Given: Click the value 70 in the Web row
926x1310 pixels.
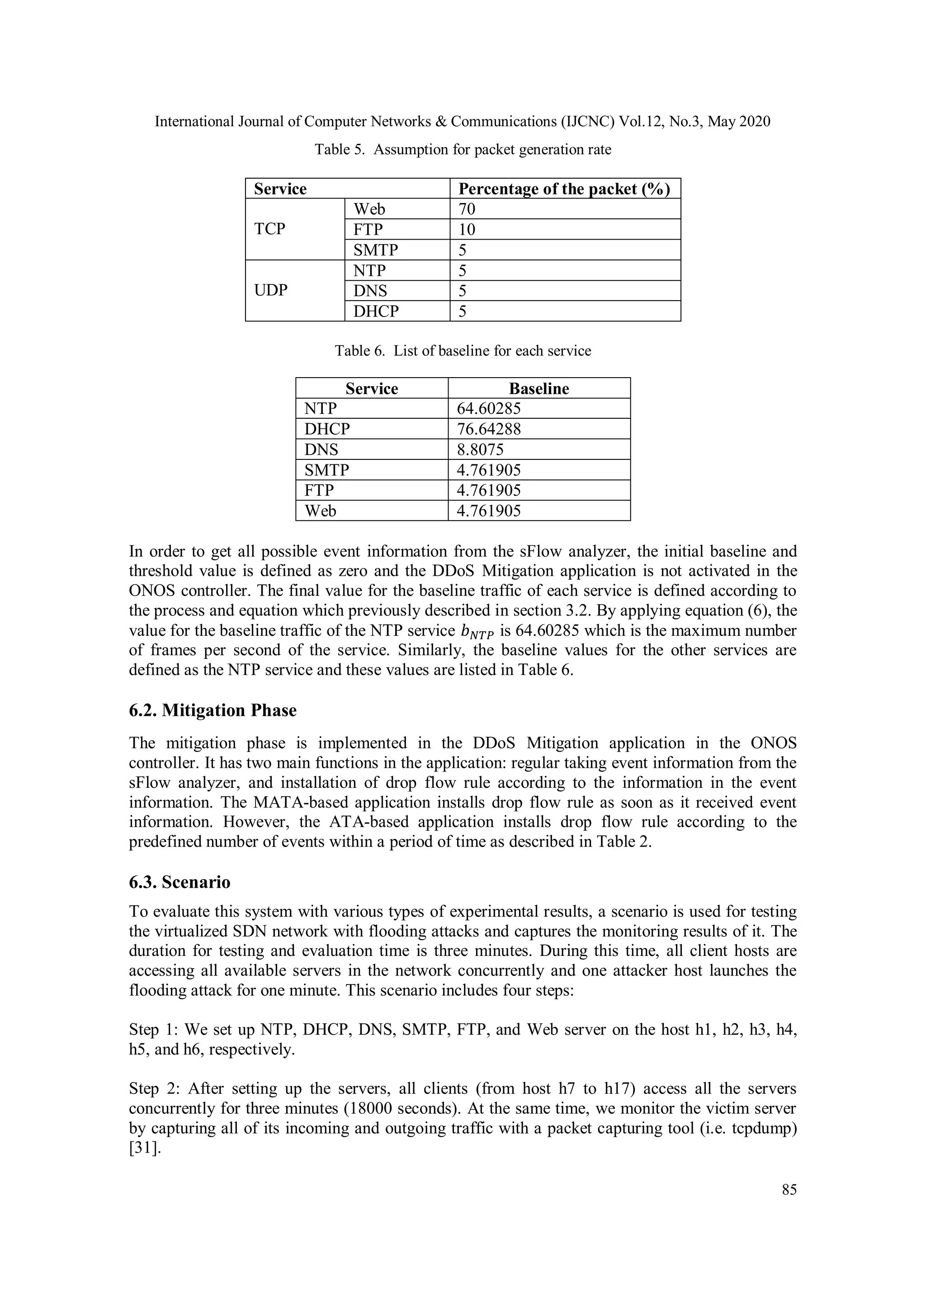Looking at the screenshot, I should click(467, 209).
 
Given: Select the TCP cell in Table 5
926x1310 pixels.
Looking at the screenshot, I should click(270, 229).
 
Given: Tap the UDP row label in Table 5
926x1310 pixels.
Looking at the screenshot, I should click(270, 290).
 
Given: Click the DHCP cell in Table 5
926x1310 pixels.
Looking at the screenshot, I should click(376, 312).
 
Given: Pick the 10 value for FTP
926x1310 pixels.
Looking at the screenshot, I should click(467, 229).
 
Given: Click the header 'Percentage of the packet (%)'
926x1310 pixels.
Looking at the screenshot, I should click(564, 189).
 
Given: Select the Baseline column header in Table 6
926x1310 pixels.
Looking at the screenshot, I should click(539, 388).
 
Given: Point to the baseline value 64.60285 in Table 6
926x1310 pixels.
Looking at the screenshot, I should click(488, 408).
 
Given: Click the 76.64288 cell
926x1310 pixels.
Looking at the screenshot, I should click(488, 429).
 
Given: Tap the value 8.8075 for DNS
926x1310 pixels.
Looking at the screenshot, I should click(480, 449).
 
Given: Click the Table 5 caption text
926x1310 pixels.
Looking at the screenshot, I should click(463, 150).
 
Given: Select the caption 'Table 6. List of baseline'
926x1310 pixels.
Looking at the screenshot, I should click(463, 350).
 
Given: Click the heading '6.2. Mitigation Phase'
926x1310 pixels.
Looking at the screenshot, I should click(213, 710).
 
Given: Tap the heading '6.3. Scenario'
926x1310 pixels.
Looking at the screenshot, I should click(180, 882).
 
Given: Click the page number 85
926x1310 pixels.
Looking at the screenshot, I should click(789, 1190).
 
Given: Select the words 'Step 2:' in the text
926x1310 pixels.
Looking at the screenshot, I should click(154, 1088).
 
